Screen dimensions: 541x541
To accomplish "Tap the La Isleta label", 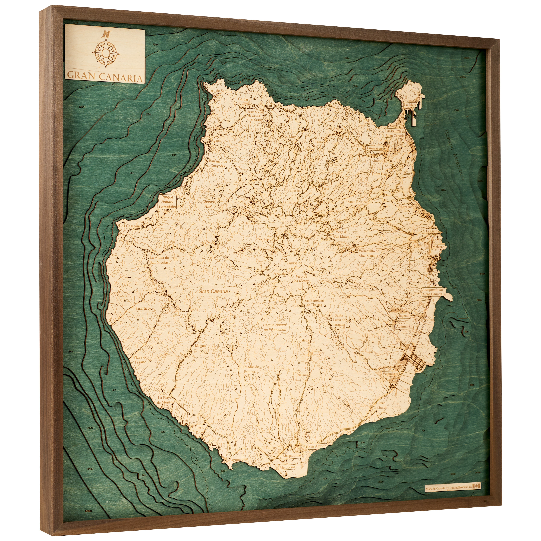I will (x=410, y=105).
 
